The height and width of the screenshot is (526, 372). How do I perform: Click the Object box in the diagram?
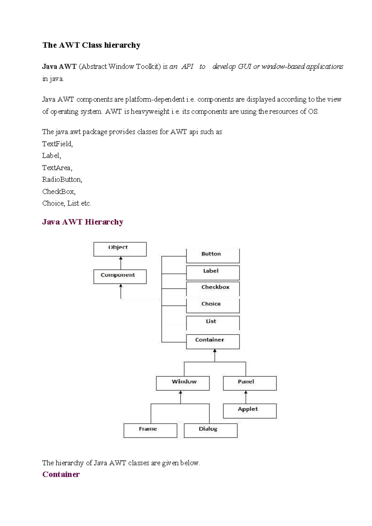point(120,249)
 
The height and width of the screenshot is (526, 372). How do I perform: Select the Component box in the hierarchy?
point(120,276)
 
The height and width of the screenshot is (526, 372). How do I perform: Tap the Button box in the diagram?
point(213,256)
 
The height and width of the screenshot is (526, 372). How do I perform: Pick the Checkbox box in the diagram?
point(213,288)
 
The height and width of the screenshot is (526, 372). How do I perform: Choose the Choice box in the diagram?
point(213,305)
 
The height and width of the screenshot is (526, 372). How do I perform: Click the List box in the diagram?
point(213,323)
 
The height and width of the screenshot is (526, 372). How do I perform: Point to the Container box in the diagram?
point(213,341)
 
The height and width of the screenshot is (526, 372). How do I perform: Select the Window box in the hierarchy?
point(183,383)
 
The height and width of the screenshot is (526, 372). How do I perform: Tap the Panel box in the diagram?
point(250,383)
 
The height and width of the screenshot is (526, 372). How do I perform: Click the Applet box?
point(250,411)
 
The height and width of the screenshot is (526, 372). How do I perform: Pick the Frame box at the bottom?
point(150,430)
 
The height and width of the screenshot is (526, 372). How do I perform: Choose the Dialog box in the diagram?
point(210,430)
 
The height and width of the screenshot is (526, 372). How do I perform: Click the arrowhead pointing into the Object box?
point(121,258)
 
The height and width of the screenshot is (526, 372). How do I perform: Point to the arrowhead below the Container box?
point(215,351)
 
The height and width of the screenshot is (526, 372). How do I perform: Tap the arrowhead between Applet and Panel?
point(246,393)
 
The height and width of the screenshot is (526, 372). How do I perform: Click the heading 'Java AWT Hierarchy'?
point(83,222)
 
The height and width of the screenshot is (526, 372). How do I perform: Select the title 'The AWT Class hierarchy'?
point(91,45)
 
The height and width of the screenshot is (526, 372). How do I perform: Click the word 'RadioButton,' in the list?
point(62,179)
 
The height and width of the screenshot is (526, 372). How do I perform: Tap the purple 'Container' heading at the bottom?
point(61,474)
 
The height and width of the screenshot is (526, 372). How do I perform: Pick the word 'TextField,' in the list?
point(57,144)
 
